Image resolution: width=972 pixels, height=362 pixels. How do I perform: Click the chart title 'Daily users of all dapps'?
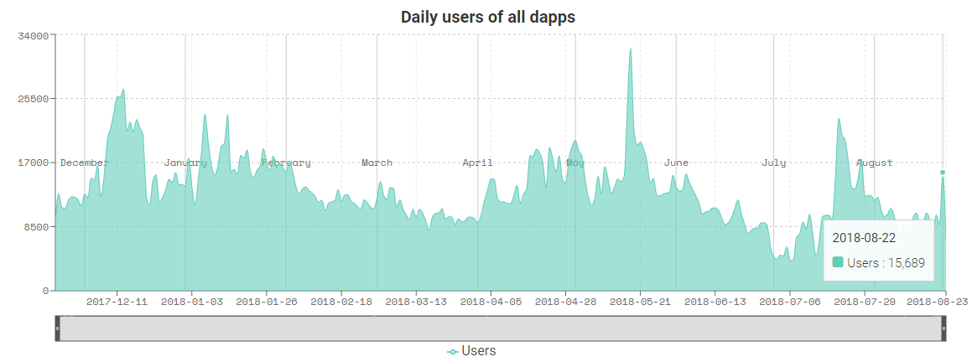point(487,17)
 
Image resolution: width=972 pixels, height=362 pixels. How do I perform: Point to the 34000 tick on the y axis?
point(35,35)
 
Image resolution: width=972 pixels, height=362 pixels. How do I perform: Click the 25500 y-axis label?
point(35,99)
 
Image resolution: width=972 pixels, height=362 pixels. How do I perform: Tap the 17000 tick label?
point(35,163)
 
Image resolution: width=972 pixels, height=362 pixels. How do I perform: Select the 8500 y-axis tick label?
point(38,226)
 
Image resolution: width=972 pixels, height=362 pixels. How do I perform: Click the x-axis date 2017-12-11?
point(117,301)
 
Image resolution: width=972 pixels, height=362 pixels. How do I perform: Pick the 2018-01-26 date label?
point(266,301)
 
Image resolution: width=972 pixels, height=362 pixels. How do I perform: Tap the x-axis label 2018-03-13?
point(417,301)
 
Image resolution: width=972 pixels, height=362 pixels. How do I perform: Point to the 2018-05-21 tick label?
point(640,301)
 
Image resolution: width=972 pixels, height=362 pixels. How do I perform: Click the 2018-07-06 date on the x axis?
point(789,301)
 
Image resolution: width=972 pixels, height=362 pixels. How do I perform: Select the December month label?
point(84,163)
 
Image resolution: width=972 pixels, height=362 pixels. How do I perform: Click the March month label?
point(377,163)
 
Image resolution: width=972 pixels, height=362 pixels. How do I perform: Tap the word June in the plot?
point(676,163)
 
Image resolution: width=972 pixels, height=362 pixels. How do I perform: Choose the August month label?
point(874,163)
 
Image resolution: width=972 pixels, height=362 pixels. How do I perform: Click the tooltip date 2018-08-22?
point(864,238)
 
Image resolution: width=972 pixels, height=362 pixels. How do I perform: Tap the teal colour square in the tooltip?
point(838,263)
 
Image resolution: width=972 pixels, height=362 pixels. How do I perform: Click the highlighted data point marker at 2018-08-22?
point(943,173)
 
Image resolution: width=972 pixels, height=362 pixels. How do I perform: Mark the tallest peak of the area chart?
point(630,49)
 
